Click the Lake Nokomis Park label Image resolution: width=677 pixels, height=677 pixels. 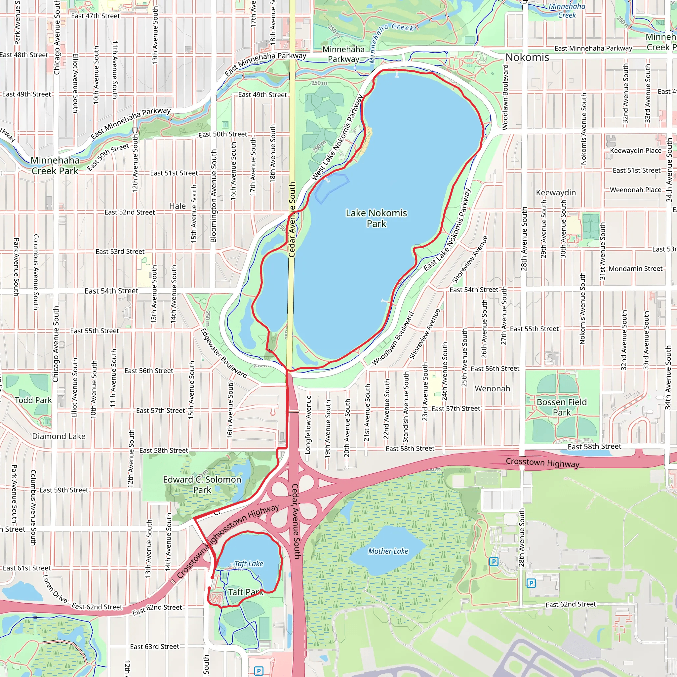click(x=376, y=218)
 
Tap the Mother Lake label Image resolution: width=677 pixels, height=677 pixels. click(x=388, y=551)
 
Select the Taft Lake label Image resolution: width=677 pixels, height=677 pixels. click(x=249, y=564)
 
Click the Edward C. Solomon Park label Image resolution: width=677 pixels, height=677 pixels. click(x=202, y=485)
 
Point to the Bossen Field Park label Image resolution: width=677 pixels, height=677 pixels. click(x=561, y=407)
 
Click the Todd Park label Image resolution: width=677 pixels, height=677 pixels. click(x=33, y=400)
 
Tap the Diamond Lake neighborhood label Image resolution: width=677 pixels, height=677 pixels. click(x=59, y=436)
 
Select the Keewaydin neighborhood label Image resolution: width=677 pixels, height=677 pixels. click(x=556, y=192)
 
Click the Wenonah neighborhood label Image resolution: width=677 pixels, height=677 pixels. click(x=492, y=389)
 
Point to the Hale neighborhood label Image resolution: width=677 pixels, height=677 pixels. click(x=177, y=206)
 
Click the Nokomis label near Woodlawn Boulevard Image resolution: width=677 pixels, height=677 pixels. click(x=527, y=57)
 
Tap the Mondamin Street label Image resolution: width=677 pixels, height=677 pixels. click(x=636, y=269)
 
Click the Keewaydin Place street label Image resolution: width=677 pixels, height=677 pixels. click(x=636, y=150)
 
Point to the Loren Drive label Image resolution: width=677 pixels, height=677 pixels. click(x=55, y=588)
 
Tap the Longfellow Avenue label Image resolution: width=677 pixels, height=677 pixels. click(x=308, y=425)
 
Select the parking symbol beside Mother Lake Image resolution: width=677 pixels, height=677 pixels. click(x=494, y=562)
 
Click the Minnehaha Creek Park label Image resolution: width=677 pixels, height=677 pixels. click(x=55, y=165)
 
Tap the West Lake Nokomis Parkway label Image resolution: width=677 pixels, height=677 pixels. click(x=337, y=138)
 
